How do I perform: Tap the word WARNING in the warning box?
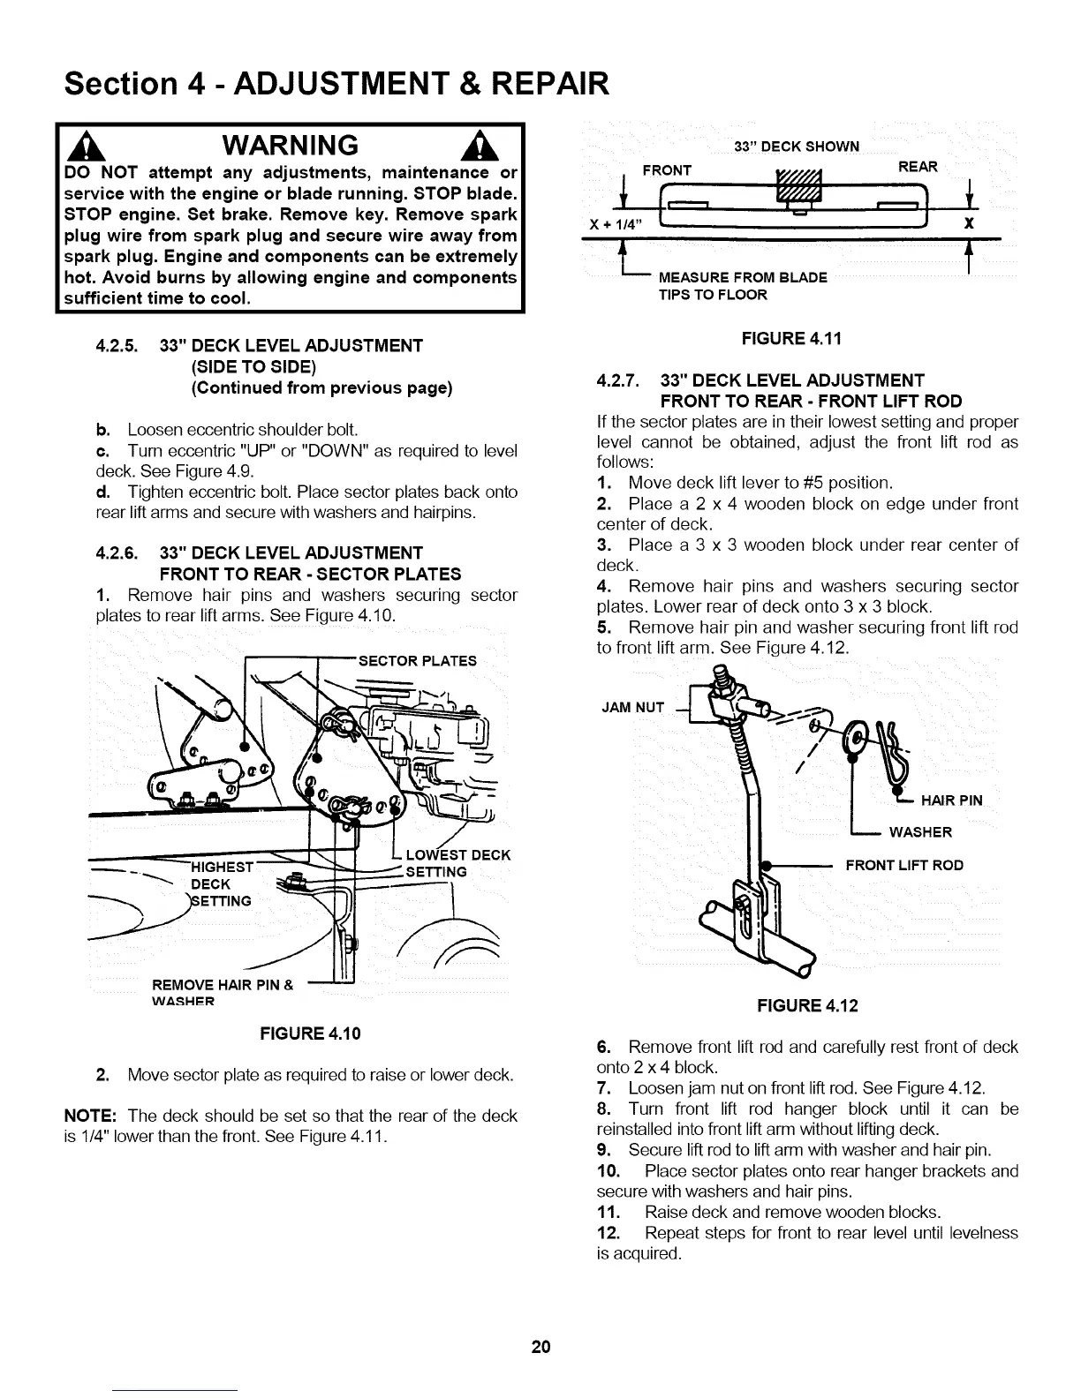291,144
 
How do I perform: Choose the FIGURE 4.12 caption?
806,1005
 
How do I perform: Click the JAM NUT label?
631,707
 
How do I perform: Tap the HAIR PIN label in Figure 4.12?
951,800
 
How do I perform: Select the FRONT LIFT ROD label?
904,865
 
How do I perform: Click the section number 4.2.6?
121,553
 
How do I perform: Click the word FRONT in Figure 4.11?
667,169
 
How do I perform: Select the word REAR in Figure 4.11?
918,167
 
